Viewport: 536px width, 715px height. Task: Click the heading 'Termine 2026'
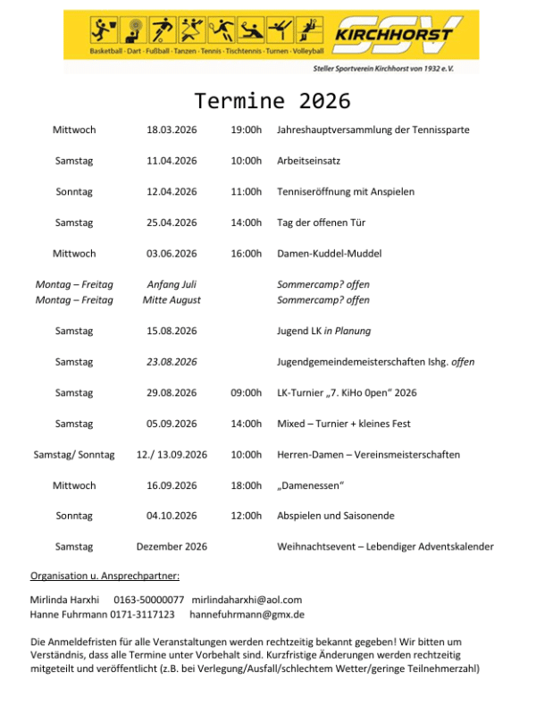267,99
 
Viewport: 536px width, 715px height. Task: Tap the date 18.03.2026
172,130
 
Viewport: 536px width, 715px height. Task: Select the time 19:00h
246,130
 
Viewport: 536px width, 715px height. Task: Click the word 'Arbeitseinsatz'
308,161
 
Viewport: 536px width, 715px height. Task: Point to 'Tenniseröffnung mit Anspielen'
346,192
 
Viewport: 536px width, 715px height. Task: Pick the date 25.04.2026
172,223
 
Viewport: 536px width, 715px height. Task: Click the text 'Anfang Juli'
172,285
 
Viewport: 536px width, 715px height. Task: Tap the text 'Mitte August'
172,300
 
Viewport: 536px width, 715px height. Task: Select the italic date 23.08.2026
172,362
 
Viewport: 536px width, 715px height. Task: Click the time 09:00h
246,393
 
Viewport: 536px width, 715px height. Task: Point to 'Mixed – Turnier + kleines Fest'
344,424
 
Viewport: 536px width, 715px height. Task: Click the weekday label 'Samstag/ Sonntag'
74,455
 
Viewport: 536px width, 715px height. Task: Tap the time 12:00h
246,517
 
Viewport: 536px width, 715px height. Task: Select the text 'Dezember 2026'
172,547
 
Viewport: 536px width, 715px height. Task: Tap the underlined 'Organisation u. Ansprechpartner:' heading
105,576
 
